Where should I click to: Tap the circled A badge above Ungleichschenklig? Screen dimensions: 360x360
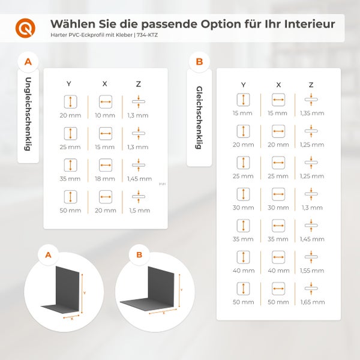(28, 61)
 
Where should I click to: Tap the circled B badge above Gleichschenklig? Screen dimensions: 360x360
(199, 62)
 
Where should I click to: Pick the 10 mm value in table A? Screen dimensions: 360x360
(105, 115)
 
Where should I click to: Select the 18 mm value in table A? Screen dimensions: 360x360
(105, 179)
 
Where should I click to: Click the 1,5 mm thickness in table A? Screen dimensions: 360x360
(139, 211)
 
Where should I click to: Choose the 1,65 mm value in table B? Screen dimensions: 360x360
(311, 302)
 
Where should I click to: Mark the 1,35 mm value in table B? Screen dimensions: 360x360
(311, 113)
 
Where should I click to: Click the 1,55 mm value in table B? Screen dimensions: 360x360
(311, 271)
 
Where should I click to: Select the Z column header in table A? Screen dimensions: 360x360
(139, 83)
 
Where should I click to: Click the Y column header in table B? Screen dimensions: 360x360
(243, 85)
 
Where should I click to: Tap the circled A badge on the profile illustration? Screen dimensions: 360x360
(47, 255)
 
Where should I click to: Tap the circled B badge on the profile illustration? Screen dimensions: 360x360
(139, 255)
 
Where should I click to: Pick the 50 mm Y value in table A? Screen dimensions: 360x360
(71, 211)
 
